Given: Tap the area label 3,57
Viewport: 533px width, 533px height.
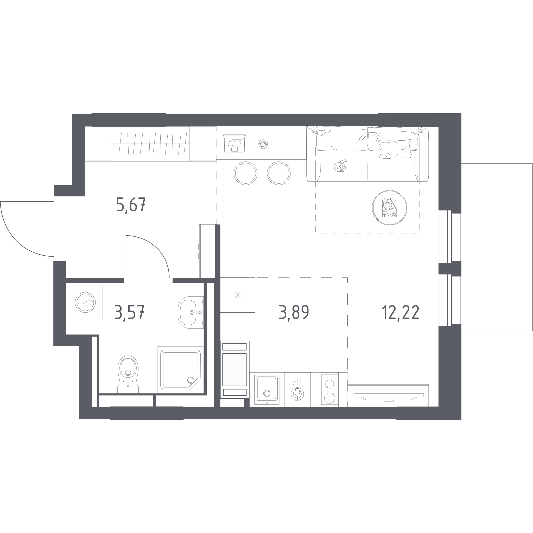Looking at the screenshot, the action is tap(129, 312).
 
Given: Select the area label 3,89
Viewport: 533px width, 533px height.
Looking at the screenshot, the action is tap(294, 312).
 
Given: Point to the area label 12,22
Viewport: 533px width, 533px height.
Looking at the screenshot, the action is tap(401, 312).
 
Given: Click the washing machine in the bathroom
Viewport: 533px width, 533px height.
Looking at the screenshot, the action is tap(85, 302).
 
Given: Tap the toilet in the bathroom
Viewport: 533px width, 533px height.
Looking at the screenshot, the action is tap(128, 374).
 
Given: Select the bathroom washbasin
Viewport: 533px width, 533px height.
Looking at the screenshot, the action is tap(191, 312).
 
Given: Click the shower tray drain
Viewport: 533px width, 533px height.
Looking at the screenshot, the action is tap(191, 380).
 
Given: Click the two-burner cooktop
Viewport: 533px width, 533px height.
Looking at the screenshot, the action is tap(330, 390).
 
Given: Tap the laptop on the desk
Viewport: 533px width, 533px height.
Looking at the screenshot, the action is tap(234, 143).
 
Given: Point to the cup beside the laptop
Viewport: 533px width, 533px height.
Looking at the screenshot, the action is tap(263, 144).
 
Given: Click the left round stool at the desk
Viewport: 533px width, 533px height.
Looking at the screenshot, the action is tap(245, 173).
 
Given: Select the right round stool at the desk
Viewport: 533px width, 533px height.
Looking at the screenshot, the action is tap(279, 173).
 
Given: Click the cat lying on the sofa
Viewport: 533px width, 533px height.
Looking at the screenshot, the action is tap(340, 166).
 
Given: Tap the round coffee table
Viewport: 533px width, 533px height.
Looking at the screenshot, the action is tap(390, 208).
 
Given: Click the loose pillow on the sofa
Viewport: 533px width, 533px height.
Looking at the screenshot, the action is tap(395, 149).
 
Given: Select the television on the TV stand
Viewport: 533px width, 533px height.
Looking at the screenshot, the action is tap(389, 397).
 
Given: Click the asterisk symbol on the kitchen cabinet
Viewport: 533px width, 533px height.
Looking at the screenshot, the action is tap(238, 295).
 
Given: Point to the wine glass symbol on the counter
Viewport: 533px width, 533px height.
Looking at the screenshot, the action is tap(297, 394).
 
